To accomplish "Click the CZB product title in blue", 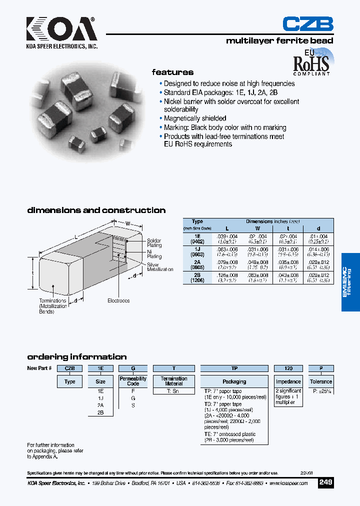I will [307, 24].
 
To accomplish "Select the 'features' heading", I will [172, 72].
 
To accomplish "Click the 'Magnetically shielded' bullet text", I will [195, 118].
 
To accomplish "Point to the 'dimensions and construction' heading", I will [96, 210].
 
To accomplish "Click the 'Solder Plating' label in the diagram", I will [154, 243].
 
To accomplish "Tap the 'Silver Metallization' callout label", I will [159, 267].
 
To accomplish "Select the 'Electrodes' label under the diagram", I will [118, 300].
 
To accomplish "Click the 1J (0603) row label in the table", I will [197, 251].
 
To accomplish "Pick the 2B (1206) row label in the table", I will [197, 277].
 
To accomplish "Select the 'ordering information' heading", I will [76, 357].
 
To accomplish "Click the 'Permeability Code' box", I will [133, 381].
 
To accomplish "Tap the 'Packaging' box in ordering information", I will [234, 381].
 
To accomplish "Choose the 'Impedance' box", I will [288, 381].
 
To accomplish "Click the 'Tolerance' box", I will [320, 381].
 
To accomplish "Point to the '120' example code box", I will [288, 368].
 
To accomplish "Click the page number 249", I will [325, 482].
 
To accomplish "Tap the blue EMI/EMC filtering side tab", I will [350, 282].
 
